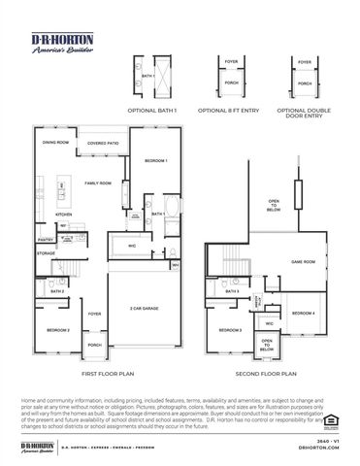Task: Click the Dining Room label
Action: (55, 143)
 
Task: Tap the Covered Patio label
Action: (103, 143)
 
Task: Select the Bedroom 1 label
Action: (156, 159)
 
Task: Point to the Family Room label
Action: (98, 183)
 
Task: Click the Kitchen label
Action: (64, 215)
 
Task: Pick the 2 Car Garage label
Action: (144, 308)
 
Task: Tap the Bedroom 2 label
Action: (58, 330)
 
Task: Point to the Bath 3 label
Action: (232, 291)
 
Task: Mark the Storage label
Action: (47, 253)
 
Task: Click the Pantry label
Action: (45, 239)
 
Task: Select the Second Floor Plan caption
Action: (265, 373)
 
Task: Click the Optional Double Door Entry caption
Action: (305, 113)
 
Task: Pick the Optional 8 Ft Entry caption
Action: (231, 109)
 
